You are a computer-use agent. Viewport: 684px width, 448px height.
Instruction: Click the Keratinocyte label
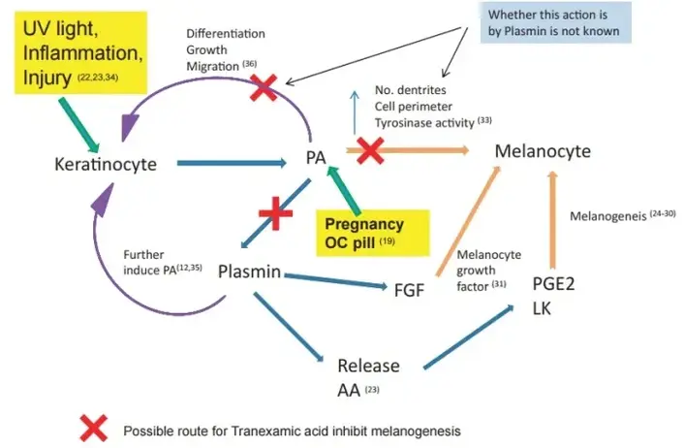click(x=106, y=164)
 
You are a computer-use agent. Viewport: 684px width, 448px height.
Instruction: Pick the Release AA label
click(x=367, y=376)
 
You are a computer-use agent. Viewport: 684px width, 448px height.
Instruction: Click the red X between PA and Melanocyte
click(x=371, y=149)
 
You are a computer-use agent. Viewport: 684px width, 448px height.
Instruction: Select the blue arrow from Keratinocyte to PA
click(x=232, y=163)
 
